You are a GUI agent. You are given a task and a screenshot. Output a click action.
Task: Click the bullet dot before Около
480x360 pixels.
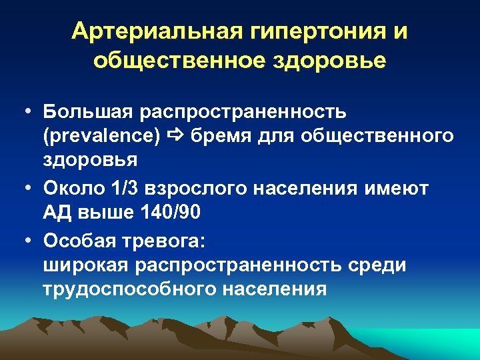pyautogui.click(x=28, y=189)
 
